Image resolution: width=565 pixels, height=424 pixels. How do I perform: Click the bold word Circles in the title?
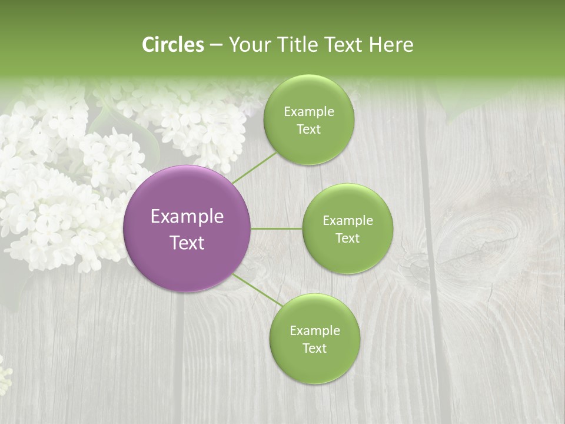point(173,45)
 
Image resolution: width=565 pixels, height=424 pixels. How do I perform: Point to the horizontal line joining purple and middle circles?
point(277,228)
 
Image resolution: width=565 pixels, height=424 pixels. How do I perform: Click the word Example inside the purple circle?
point(187,217)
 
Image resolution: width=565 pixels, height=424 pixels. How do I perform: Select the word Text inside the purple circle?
point(187,243)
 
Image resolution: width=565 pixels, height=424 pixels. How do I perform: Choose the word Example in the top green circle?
point(308,112)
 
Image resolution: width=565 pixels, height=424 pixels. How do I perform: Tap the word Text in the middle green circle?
point(347,238)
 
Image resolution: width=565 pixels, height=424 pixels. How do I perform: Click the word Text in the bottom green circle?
point(314,348)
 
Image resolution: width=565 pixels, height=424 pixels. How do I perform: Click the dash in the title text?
point(215,45)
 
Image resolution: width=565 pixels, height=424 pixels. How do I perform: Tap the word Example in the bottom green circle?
point(314,330)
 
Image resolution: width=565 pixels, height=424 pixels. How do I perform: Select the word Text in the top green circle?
point(308,130)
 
